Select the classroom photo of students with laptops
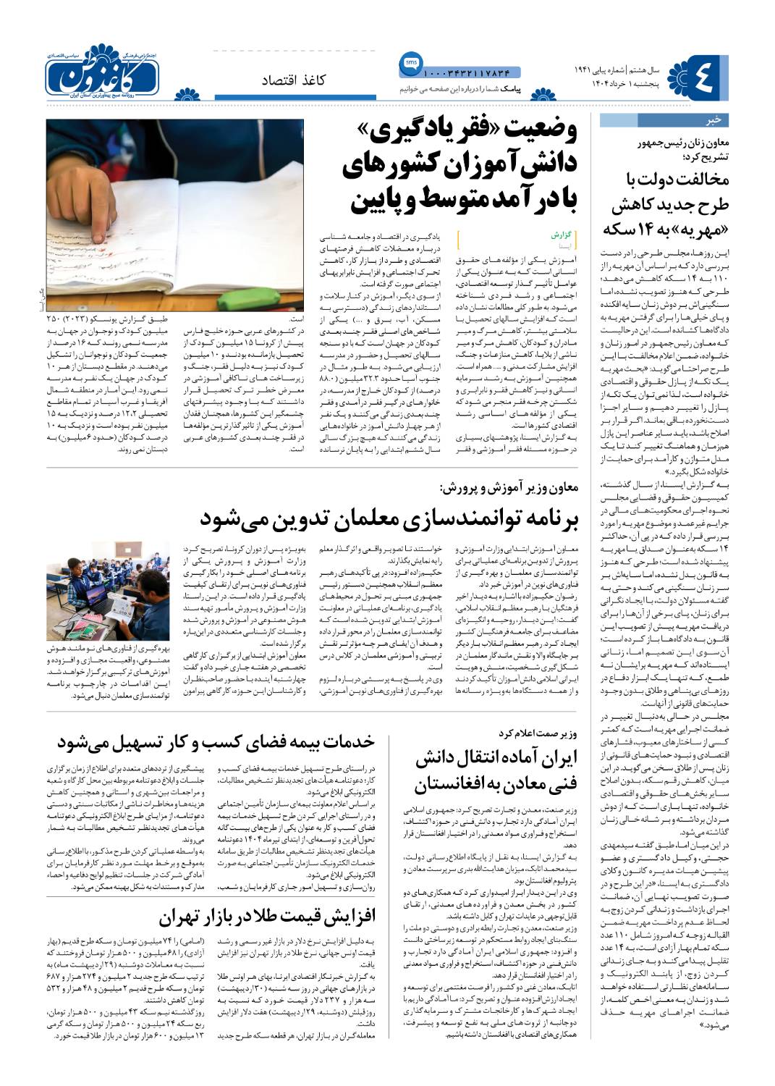[x=108, y=591]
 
